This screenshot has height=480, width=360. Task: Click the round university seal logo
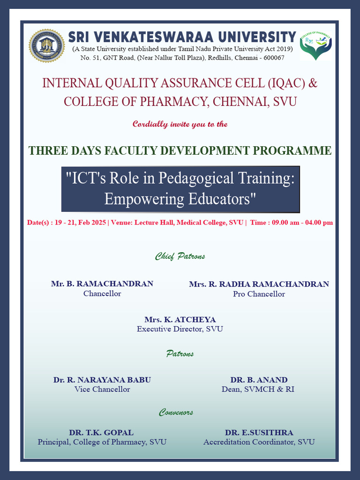click(46, 45)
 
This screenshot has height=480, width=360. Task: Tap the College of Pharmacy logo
click(315, 46)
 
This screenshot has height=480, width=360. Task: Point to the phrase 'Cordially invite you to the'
click(180, 124)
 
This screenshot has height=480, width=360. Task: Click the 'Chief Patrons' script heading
click(180, 256)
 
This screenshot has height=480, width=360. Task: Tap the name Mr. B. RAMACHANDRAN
click(102, 284)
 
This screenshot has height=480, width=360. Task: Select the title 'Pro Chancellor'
click(259, 294)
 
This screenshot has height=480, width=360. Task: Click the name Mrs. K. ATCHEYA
click(180, 319)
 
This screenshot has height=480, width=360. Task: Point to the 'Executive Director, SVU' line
click(180, 329)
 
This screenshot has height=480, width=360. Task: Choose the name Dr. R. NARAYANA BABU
click(102, 380)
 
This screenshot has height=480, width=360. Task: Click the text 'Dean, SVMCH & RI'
click(258, 389)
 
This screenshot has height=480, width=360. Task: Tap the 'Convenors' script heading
click(176, 412)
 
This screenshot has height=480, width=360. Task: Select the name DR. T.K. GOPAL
click(101, 432)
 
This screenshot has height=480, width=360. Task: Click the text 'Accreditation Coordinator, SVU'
click(259, 442)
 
